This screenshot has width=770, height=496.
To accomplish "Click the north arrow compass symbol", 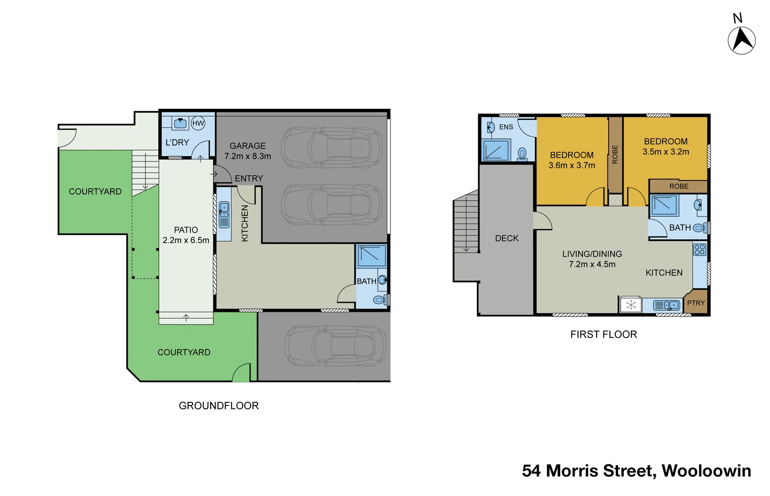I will (x=741, y=40).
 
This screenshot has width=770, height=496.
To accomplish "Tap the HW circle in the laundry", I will (x=198, y=123).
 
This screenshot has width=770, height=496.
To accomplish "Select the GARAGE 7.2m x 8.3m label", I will (x=248, y=151).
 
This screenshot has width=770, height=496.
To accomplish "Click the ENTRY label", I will (x=249, y=178).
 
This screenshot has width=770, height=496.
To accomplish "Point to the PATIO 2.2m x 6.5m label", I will (x=186, y=235).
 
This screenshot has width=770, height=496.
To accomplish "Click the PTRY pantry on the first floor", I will (x=696, y=303).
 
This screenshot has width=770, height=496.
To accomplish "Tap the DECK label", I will (x=507, y=238).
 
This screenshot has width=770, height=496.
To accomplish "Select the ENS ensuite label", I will (x=506, y=127).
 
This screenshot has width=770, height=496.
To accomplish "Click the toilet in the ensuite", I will (x=522, y=154).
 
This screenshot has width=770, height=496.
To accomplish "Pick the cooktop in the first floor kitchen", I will (x=700, y=250).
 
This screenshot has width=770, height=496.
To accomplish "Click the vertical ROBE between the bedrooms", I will (x=615, y=154).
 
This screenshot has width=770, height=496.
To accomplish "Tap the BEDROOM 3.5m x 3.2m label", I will (x=665, y=147).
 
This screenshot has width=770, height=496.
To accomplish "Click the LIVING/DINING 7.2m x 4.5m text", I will (x=592, y=259).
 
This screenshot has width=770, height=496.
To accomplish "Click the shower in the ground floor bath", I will (x=372, y=256).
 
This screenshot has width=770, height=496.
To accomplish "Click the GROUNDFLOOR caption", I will (x=218, y=406).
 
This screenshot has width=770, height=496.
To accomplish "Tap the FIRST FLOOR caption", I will (x=603, y=334).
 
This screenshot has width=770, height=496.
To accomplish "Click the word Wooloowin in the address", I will (x=706, y=471).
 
